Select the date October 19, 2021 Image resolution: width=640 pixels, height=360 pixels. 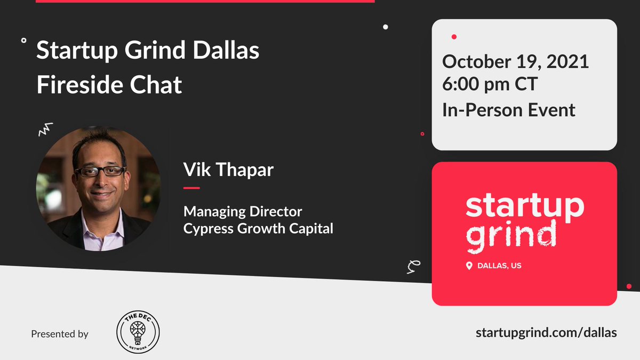tap(515, 61)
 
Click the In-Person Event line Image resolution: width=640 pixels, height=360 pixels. tap(508, 109)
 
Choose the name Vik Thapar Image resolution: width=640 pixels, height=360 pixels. tap(228, 169)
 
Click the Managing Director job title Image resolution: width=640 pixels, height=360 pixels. tap(243, 211)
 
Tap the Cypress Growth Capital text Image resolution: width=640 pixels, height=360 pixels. tap(258, 229)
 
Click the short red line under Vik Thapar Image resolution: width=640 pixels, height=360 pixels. tap(191, 188)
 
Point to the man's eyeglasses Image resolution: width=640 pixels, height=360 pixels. tap(100, 171)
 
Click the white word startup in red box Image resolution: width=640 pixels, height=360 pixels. tap(525, 206)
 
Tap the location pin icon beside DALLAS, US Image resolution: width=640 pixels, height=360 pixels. tap(469, 265)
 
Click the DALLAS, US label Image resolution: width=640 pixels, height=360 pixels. tap(500, 265)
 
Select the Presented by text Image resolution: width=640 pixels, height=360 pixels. tap(60, 334)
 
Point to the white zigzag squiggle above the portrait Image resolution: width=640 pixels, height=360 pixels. tap(46, 128)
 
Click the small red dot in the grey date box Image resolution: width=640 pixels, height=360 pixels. tap(454, 37)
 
